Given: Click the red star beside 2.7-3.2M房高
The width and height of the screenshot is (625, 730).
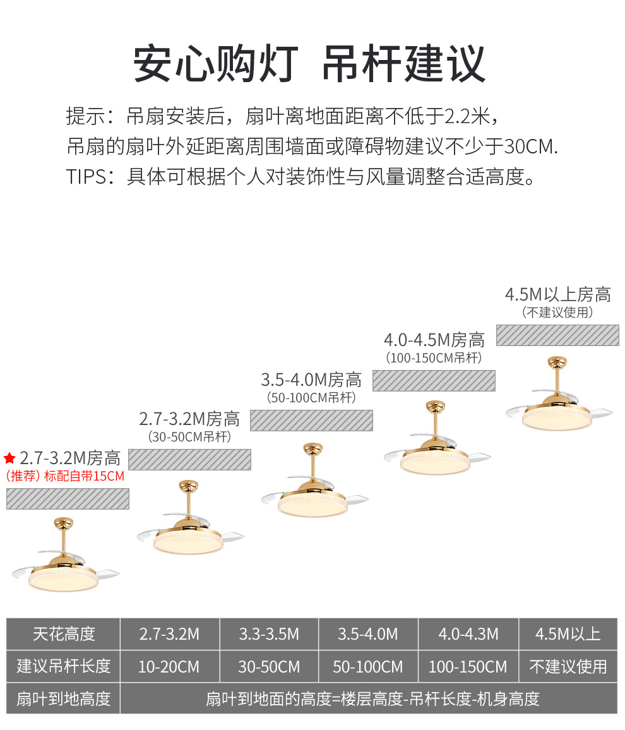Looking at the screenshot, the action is pos(9,458).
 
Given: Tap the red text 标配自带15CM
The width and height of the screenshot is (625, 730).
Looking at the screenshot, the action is pos(84,476).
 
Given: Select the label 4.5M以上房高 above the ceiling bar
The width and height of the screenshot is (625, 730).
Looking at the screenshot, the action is pos(557,294).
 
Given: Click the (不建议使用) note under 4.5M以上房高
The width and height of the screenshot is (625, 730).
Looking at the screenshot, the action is pos(557,312).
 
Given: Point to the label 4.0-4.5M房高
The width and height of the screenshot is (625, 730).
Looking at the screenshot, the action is pos(434,340).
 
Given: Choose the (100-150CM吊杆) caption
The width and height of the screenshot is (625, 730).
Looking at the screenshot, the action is pos(434,358).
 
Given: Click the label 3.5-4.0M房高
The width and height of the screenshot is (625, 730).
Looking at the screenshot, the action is pos(311,380).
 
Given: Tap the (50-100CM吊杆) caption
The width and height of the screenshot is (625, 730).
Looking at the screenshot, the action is pos(311,398).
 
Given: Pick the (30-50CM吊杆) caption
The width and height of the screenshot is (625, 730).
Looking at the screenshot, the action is pos(189,437).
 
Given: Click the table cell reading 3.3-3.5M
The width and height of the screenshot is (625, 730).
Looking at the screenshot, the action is pos(269,633).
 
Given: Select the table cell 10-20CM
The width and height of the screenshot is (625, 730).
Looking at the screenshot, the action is pos(169,666).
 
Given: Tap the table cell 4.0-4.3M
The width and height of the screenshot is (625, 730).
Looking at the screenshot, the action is pos(468,633).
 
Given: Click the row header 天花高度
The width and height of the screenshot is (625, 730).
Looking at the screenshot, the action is pos(63,633).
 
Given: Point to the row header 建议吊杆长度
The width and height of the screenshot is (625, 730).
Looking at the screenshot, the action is pos(63,666).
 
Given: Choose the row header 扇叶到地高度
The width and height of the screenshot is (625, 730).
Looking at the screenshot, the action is pos(63,699).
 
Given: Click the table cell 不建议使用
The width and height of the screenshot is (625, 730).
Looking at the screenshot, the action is pos(568,666).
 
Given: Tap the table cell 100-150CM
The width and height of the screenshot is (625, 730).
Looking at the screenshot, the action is pos(468,666).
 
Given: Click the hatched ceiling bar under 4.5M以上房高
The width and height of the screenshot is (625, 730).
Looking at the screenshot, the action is pos(557,335).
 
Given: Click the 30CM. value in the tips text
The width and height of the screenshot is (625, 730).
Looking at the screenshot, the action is pos(531,147).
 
